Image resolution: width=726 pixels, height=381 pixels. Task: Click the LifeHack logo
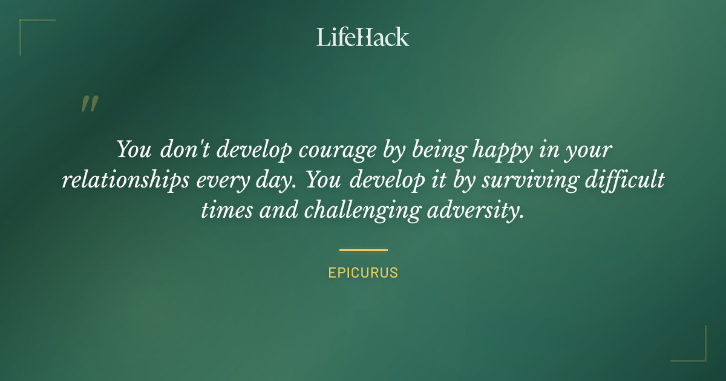click(363, 37)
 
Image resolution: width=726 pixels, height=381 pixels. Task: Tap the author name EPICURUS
click(363, 273)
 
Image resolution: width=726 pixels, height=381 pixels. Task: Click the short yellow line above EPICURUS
click(363, 249)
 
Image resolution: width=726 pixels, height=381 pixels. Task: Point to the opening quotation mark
click(89, 104)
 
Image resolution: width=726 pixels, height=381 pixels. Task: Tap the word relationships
click(125, 181)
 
